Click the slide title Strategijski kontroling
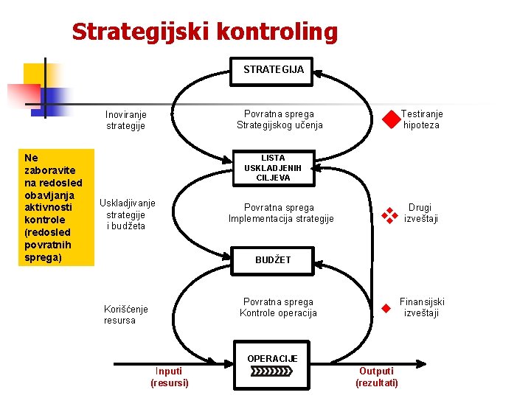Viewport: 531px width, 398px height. pyautogui.click(x=204, y=32)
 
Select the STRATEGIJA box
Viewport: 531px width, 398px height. pyautogui.click(x=273, y=69)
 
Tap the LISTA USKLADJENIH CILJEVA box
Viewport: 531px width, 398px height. pyautogui.click(x=273, y=168)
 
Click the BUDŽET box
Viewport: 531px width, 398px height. pyautogui.click(x=273, y=259)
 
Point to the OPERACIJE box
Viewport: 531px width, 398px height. pyautogui.click(x=272, y=365)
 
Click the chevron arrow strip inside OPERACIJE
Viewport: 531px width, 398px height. pyautogui.click(x=272, y=371)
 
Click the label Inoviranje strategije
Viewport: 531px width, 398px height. pyautogui.click(x=125, y=120)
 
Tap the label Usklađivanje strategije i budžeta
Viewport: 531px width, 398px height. pyautogui.click(x=127, y=214)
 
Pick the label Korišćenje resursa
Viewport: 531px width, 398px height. pyautogui.click(x=125, y=315)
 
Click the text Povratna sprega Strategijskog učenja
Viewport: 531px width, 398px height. pyautogui.click(x=280, y=119)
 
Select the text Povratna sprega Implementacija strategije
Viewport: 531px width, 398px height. pyautogui.click(x=281, y=213)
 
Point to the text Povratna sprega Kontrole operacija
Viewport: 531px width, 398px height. pyautogui.click(x=278, y=307)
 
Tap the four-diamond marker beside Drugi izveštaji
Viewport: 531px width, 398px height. pyautogui.click(x=389, y=214)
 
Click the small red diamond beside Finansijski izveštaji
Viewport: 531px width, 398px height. pyautogui.click(x=384, y=308)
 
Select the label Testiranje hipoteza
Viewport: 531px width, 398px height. pyautogui.click(x=422, y=119)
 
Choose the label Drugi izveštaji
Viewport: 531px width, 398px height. pyautogui.click(x=421, y=213)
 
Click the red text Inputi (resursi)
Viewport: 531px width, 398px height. pyautogui.click(x=170, y=377)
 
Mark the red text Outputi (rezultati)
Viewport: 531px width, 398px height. pyautogui.click(x=376, y=377)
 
